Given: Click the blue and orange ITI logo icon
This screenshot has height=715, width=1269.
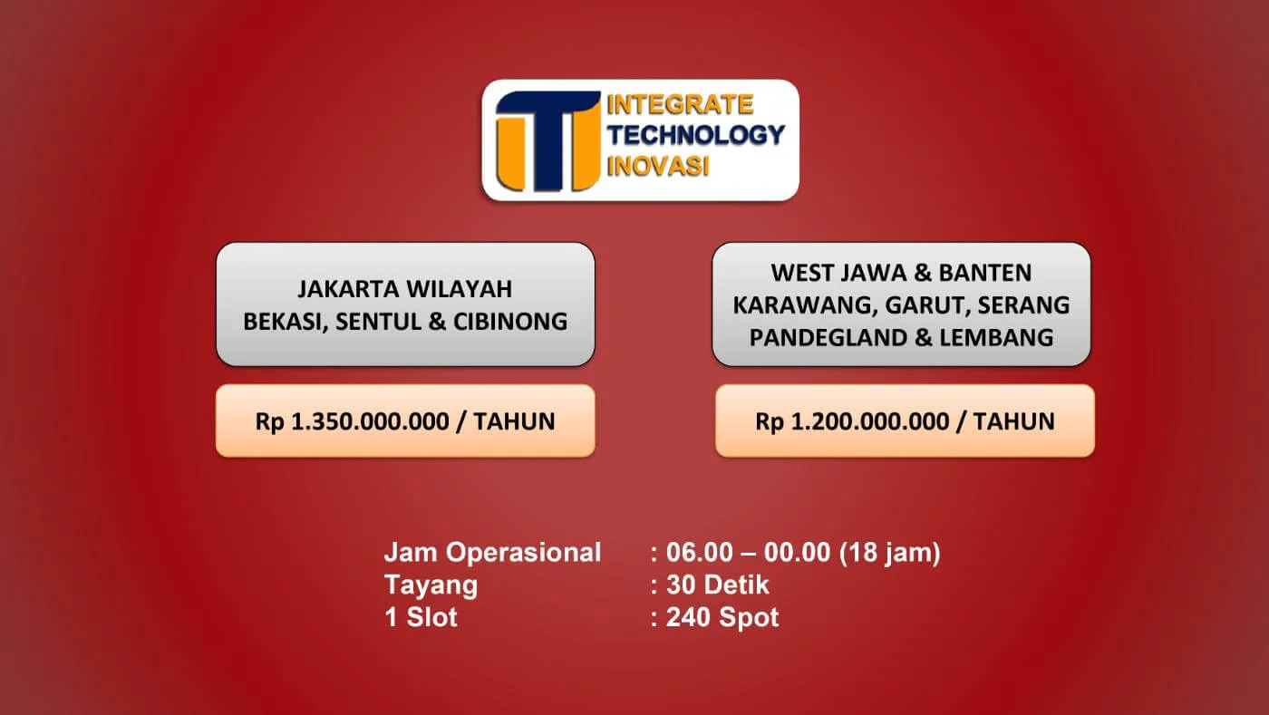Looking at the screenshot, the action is (x=547, y=141).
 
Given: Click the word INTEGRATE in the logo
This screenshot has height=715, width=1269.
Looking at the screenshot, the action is (x=680, y=105).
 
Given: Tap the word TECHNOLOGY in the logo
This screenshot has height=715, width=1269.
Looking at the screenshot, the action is (x=696, y=135).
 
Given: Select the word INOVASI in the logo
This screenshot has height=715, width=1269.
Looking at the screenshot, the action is (x=658, y=166).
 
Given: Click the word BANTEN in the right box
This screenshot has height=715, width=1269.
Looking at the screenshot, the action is (x=985, y=273).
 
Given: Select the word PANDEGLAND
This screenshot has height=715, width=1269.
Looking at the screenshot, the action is (x=828, y=338).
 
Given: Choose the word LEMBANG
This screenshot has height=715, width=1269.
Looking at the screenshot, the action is (x=996, y=338).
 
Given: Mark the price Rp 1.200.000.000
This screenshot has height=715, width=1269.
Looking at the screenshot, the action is (x=852, y=422).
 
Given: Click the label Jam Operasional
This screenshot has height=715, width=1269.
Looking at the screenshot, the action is (x=492, y=553).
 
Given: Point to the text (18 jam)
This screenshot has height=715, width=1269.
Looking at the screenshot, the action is (x=889, y=553).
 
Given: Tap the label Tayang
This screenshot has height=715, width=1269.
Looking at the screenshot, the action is (x=431, y=585).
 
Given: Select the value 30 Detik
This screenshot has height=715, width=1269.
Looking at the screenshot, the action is (x=717, y=585).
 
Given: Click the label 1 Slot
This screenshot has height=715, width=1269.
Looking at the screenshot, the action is (x=421, y=617).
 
